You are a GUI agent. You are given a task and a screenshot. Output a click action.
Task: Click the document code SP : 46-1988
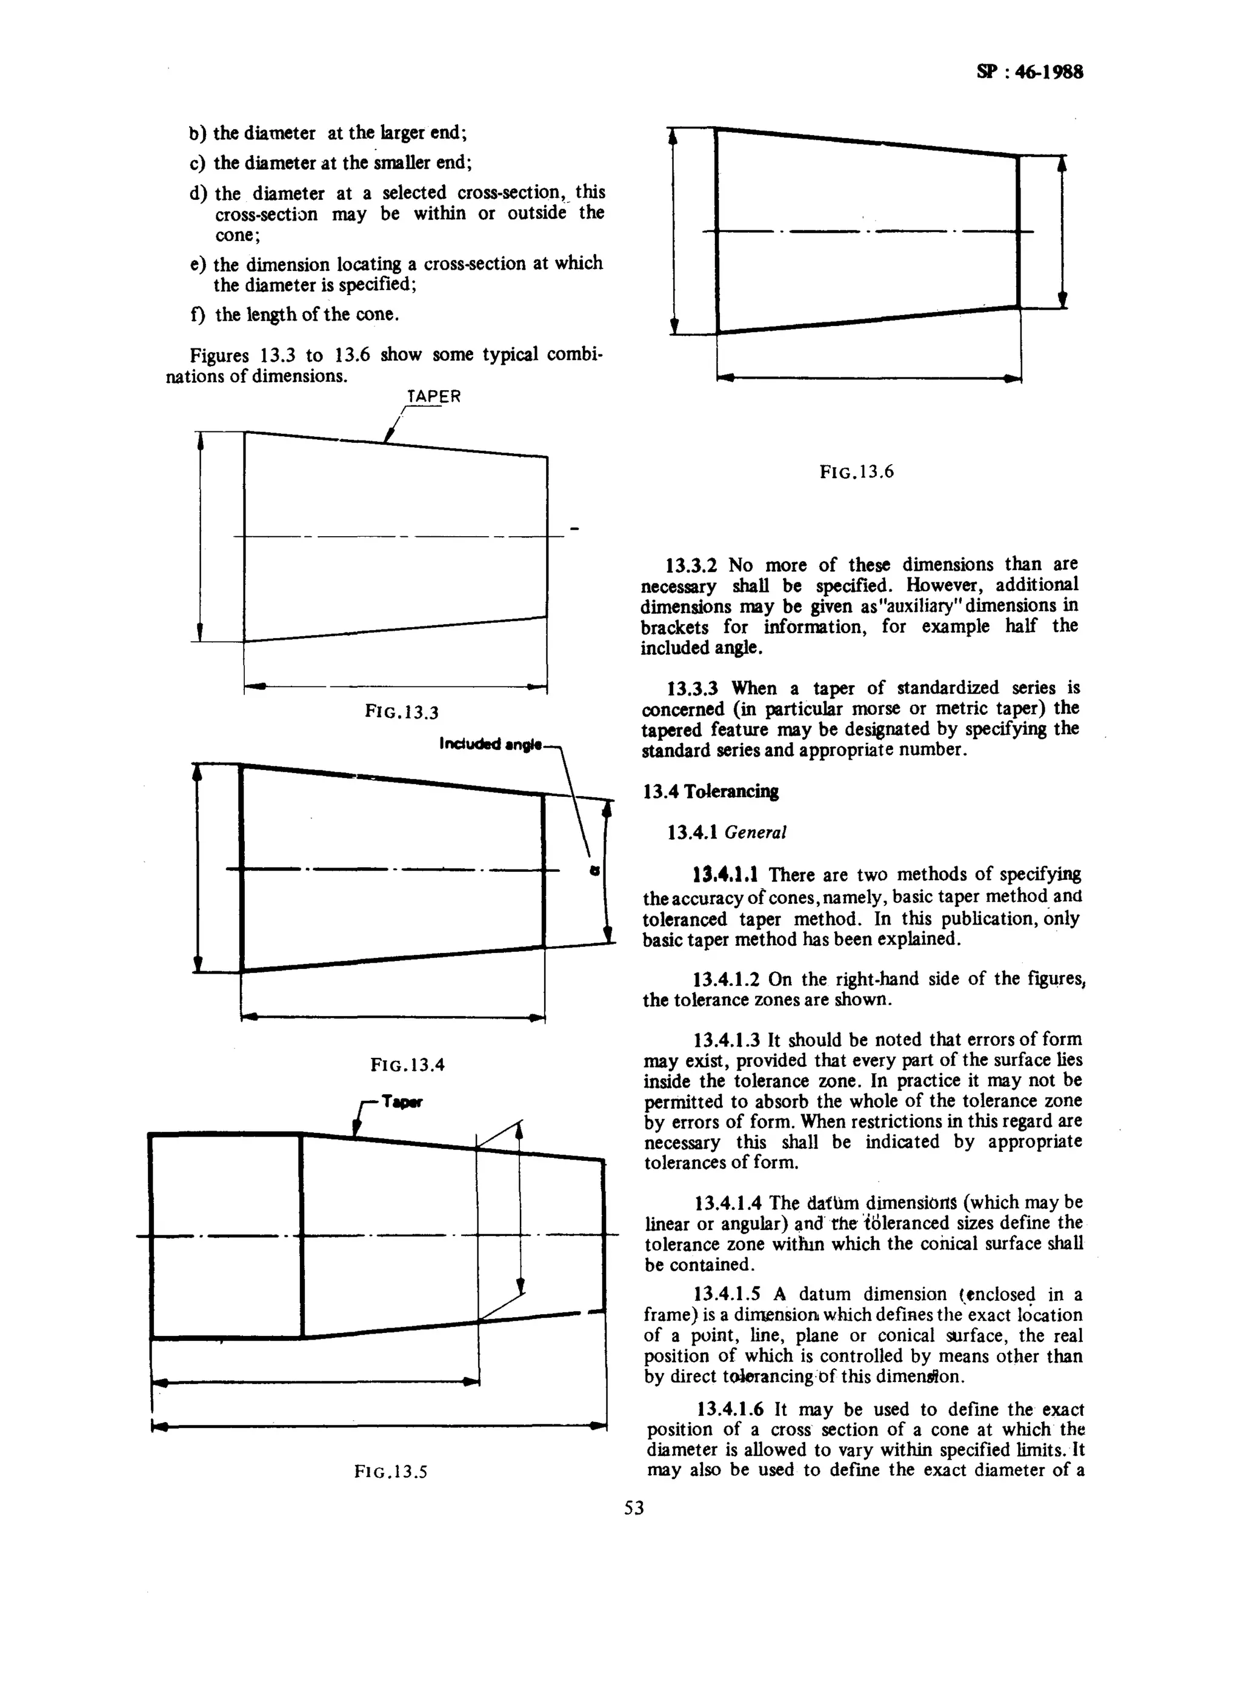click(x=1030, y=72)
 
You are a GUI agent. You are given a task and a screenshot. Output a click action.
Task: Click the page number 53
click(x=634, y=1507)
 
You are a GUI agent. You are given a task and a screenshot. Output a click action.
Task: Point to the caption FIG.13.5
click(x=390, y=1472)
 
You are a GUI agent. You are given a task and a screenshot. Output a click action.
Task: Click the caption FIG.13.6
click(x=856, y=472)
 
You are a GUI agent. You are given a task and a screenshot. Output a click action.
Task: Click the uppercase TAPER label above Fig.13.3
click(x=434, y=396)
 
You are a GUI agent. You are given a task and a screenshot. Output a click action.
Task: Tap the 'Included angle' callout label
click(x=490, y=745)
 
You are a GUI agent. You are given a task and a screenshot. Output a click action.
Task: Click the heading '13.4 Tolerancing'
click(x=711, y=791)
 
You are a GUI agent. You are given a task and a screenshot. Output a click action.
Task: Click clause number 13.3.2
click(x=691, y=565)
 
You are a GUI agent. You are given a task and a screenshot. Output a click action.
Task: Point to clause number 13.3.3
click(x=692, y=688)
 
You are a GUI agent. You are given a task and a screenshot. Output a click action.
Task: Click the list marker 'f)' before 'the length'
click(x=198, y=315)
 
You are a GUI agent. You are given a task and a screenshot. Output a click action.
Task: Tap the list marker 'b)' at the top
click(x=198, y=133)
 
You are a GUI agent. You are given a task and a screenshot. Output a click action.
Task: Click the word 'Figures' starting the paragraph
click(x=218, y=354)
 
